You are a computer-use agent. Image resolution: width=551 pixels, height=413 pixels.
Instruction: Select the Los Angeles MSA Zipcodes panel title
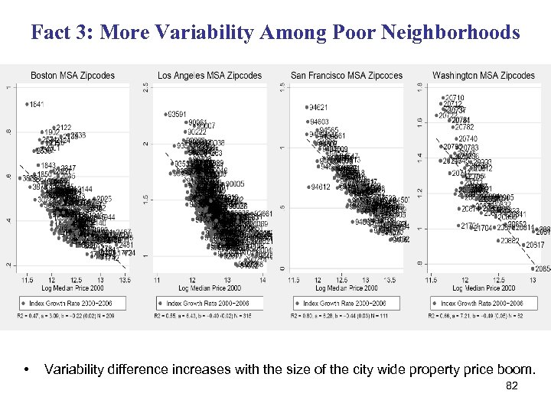point(210,75)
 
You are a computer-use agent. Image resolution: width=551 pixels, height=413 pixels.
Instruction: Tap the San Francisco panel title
point(347,75)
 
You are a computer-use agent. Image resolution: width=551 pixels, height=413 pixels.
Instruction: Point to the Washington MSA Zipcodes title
point(484,75)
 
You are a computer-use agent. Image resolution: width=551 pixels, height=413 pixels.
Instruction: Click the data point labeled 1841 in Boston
point(26,104)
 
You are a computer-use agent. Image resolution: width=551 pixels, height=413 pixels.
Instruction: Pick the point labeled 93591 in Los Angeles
point(166,115)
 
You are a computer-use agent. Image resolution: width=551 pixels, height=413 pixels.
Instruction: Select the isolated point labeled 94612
point(309,187)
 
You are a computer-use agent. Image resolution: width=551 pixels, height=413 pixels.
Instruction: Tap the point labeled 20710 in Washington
point(441,98)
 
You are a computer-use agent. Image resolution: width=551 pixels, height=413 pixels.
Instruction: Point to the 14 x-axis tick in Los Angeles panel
point(262,280)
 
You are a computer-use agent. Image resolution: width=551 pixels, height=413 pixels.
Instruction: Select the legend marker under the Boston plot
point(24,304)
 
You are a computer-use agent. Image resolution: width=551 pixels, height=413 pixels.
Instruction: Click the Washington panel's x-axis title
point(484,288)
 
